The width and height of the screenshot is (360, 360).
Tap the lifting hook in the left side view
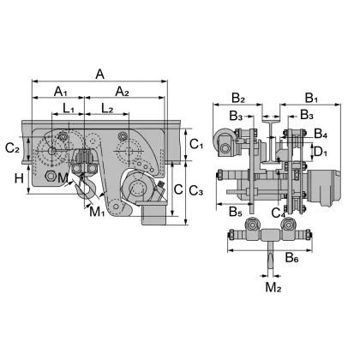[x=86, y=185]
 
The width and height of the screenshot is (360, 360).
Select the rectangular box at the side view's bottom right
[x=152, y=213]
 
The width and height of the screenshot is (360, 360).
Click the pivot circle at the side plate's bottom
[x=115, y=207]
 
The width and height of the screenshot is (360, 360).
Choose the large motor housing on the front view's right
[x=325, y=185]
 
